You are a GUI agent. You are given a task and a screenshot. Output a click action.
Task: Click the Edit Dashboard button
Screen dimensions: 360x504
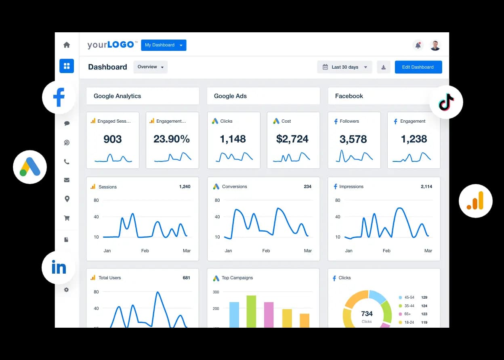[x=418, y=67]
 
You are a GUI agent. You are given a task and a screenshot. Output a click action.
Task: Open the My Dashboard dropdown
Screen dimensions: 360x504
[x=164, y=45]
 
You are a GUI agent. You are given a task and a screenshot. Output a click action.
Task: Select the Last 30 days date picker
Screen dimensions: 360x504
[x=344, y=67]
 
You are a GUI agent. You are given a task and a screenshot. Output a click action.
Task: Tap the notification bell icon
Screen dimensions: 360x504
[x=418, y=45]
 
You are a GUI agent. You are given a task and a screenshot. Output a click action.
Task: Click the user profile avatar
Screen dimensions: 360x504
[x=435, y=45]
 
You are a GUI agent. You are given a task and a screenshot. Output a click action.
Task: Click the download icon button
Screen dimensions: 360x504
[x=383, y=67]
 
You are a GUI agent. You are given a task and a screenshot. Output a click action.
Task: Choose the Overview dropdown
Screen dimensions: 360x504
[x=150, y=67]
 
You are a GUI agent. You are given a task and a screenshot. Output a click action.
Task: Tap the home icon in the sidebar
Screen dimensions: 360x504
[x=67, y=45]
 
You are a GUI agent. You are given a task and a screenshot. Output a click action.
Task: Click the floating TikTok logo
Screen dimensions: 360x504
[x=446, y=102]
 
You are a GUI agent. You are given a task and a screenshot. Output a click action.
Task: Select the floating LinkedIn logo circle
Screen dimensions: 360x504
[x=59, y=267]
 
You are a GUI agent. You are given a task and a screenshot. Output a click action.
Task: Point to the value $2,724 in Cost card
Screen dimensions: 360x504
[x=292, y=139]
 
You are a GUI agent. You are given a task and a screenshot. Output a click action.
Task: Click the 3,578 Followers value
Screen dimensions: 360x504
[x=353, y=139]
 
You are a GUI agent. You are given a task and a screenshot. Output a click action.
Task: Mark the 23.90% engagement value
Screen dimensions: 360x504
[x=172, y=139]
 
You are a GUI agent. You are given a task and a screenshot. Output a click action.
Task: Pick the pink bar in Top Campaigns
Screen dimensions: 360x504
[x=269, y=314]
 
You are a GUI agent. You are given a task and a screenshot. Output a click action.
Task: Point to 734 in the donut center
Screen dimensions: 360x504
[x=367, y=314]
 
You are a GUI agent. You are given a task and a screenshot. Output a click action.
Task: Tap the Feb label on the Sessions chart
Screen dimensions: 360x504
[x=145, y=251]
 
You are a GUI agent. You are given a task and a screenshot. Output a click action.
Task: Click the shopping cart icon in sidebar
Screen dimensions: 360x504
[x=67, y=218]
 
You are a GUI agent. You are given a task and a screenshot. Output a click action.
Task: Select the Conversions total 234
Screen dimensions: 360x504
[x=307, y=186]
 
